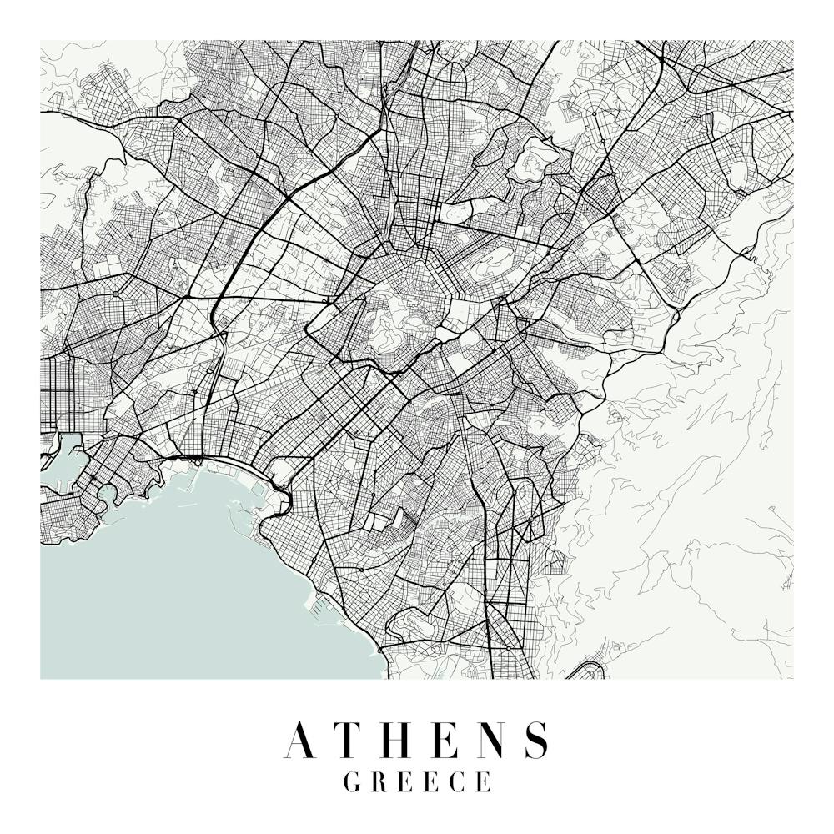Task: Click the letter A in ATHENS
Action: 302,740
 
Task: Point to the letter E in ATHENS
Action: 446,740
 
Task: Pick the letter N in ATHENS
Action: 491,740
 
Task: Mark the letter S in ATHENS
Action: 537,740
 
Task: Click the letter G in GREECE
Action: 352,782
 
